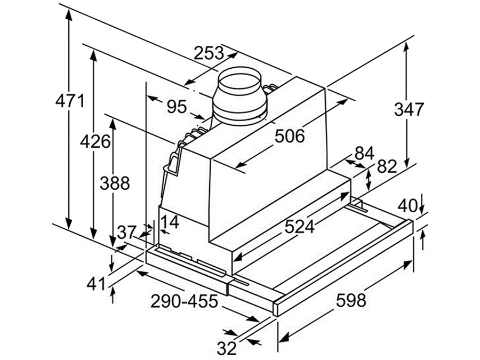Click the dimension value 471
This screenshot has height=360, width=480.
click(70, 101)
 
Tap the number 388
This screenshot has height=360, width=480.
click(114, 183)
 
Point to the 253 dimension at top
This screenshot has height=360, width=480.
click(209, 53)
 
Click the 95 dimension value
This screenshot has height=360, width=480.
click(177, 107)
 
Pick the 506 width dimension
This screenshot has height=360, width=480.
click(290, 136)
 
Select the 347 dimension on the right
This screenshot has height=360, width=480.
click(409, 109)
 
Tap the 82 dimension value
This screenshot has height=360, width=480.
click(387, 166)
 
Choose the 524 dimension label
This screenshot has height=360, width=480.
click(299, 227)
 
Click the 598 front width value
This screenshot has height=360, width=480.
click(351, 300)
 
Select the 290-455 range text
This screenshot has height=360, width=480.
click(184, 301)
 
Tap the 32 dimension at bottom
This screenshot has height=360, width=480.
click(227, 348)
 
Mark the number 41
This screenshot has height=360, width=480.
click(97, 284)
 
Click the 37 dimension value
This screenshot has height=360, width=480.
click(127, 233)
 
